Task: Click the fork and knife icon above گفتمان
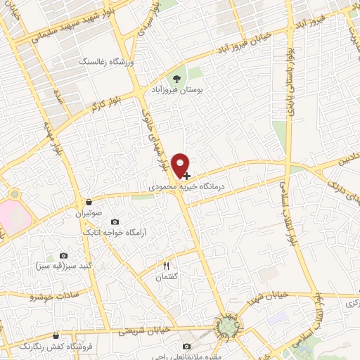click(x=167, y=266)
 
